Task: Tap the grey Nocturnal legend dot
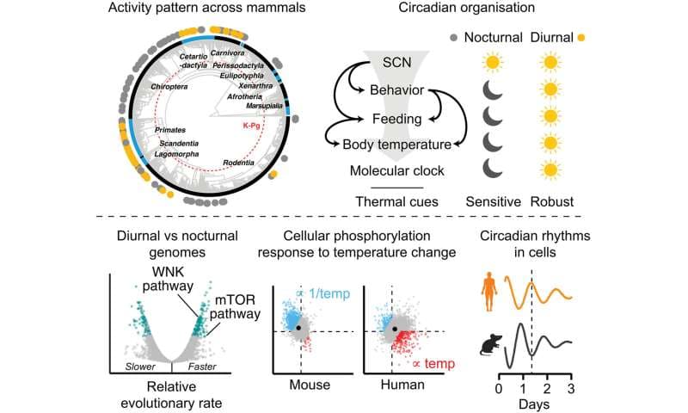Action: pos(455,39)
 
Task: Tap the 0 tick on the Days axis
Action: pos(500,389)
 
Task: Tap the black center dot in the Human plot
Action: pos(395,330)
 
